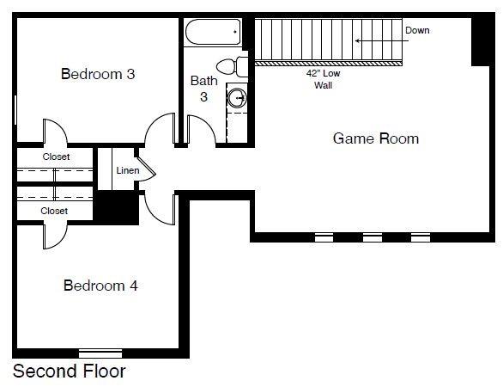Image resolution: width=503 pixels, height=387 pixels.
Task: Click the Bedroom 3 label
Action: click(98, 74)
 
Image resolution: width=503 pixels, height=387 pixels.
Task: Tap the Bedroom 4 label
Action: click(100, 286)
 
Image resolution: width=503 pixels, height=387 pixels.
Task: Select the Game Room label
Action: click(376, 138)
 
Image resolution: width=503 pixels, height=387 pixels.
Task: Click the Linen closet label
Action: click(127, 170)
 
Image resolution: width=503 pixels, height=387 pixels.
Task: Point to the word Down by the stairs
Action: click(417, 31)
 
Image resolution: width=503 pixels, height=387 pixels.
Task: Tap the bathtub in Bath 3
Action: click(211, 34)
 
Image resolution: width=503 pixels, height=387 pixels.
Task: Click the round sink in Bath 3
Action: click(236, 99)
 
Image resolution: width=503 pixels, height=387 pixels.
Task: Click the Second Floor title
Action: click(69, 372)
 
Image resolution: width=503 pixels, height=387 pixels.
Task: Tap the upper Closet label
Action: click(56, 157)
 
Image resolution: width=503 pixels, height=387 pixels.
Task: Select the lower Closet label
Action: click(54, 211)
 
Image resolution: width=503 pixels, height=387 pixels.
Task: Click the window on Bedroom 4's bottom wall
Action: click(100, 353)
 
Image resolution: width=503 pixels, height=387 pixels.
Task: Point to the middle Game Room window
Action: click(372, 236)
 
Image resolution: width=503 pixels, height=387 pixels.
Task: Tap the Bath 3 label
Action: click(204, 89)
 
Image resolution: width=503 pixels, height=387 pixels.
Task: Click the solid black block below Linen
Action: click(114, 207)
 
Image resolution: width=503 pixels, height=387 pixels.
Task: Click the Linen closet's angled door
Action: click(148, 169)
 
